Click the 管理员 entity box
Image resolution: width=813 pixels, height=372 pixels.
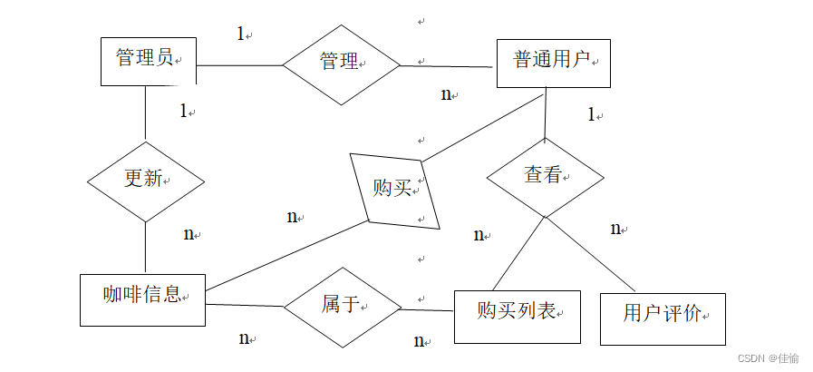coord(145,61)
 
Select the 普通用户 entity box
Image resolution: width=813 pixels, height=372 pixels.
coord(553,63)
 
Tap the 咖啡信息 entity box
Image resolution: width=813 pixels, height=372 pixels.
coord(142,299)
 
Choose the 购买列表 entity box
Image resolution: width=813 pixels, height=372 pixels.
coord(517,316)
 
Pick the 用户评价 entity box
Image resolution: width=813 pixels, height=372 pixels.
coord(663,318)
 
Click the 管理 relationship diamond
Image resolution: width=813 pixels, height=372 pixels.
coord(341,64)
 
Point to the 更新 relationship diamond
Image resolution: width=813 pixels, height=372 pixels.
coord(145,181)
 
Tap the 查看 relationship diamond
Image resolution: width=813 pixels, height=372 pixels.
coord(544,177)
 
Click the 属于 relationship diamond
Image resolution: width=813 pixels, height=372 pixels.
coord(342,307)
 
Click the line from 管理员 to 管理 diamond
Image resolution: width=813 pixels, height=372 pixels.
coord(240,65)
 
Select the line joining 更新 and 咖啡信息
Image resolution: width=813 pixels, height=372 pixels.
coord(145,247)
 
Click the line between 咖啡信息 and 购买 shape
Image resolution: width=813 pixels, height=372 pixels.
coord(286,256)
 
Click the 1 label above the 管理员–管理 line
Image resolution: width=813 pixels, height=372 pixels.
coord(241,34)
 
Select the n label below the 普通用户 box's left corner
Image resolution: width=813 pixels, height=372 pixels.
coord(446,94)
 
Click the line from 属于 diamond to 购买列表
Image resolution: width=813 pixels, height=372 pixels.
coord(427,309)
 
